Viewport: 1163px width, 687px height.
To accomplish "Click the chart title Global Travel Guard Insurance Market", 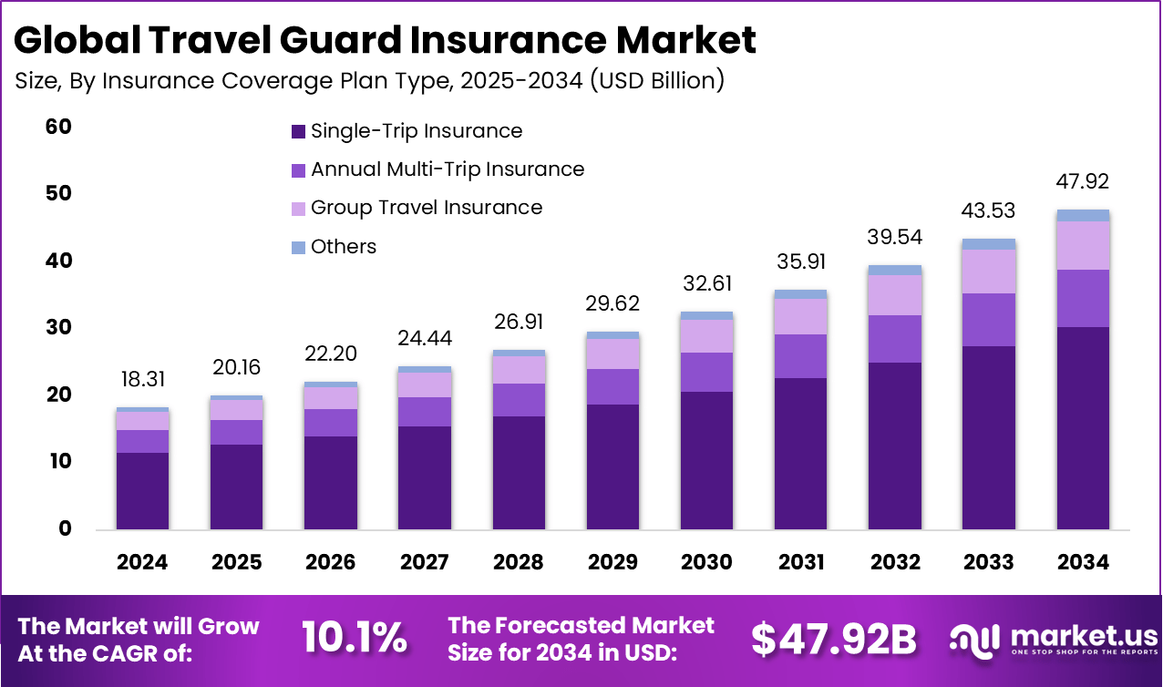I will [386, 40].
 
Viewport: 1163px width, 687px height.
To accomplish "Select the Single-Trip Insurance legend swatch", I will [298, 131].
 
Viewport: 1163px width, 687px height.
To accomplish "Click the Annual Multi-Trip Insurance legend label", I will [447, 169].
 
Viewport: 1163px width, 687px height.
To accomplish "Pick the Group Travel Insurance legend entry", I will [426, 208].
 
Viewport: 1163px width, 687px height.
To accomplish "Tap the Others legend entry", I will [343, 247].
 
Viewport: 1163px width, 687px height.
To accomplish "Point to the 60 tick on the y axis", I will [58, 127].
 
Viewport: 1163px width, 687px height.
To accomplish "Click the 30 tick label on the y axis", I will [58, 327].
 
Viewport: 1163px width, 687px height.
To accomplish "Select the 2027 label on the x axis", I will [425, 562].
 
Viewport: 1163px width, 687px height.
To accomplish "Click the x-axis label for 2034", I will [1084, 562].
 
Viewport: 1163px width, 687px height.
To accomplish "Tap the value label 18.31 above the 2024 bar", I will [142, 379].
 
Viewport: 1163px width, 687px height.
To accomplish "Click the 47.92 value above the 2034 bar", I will [1084, 180].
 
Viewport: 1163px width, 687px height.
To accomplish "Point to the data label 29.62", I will [612, 303].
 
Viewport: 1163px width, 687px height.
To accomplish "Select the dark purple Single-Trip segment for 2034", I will [1084, 428].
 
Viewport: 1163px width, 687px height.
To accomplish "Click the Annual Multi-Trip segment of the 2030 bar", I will [706, 372].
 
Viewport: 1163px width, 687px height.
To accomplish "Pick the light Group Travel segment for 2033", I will [989, 272].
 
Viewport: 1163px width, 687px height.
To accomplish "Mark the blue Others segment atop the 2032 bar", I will [895, 270].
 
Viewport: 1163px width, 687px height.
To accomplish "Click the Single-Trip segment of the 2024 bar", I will [142, 490].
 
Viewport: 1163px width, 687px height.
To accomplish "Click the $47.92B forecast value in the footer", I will [833, 640].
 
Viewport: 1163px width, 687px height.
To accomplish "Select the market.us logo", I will [1054, 638].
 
